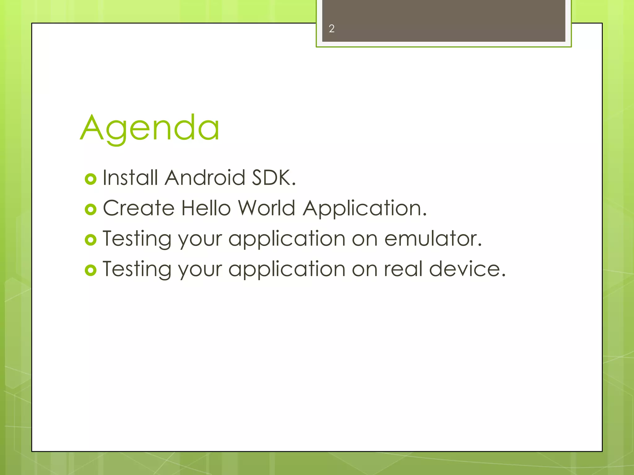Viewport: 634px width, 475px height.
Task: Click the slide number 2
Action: point(332,29)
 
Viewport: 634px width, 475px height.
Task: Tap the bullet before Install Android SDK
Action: point(91,179)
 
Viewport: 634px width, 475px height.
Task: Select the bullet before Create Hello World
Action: point(91,209)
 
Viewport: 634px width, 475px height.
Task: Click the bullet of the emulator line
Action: point(91,240)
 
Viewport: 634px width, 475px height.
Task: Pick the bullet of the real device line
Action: point(91,270)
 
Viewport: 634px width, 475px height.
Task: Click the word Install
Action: point(130,178)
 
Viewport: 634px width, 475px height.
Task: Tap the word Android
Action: point(205,178)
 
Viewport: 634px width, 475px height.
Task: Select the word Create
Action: point(139,208)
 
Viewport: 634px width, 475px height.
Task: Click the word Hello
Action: point(206,208)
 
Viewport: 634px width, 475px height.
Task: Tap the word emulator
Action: point(433,239)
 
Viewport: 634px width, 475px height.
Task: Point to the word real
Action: point(403,269)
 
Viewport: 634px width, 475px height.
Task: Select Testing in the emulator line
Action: point(137,239)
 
